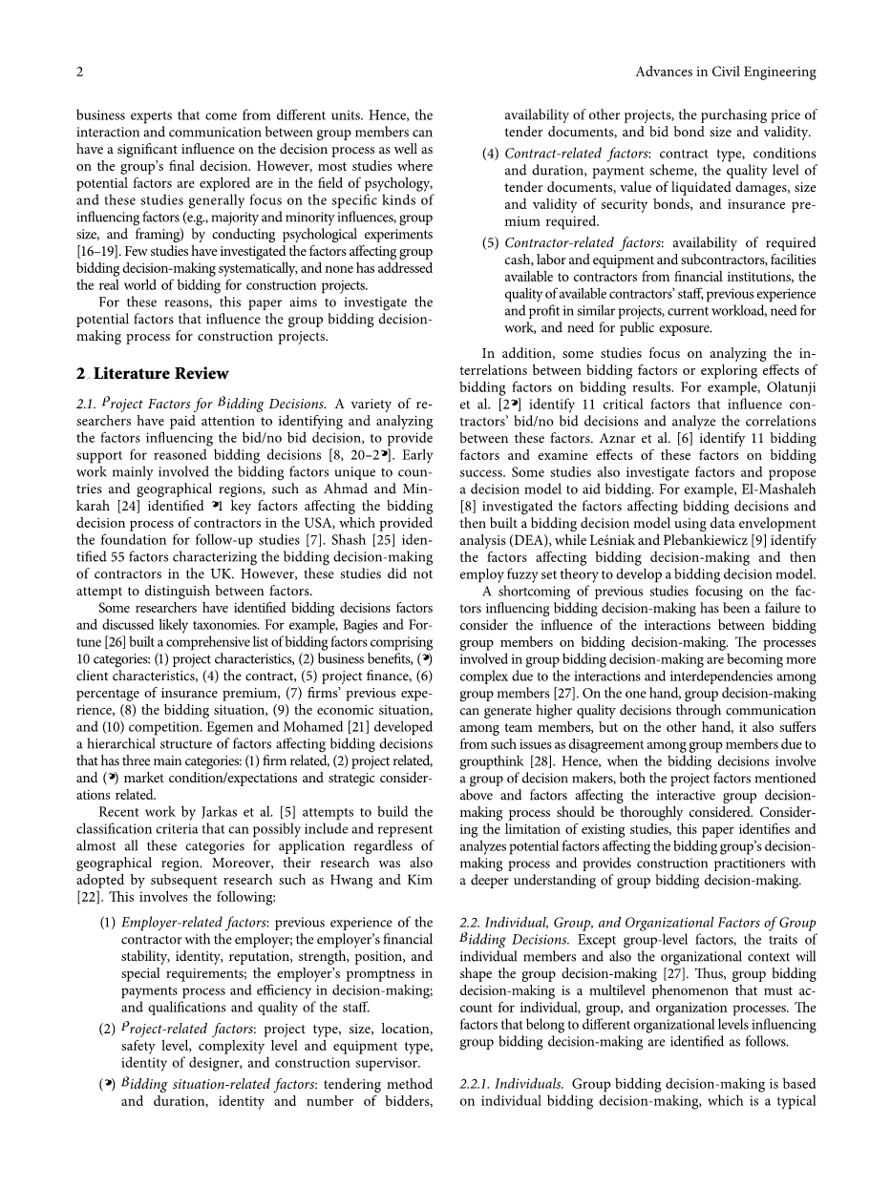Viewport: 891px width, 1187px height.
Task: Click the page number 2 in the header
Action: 80,72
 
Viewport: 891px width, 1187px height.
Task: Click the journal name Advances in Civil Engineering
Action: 725,72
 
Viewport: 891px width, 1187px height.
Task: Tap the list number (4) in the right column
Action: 490,154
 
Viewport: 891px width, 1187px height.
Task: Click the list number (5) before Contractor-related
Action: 490,243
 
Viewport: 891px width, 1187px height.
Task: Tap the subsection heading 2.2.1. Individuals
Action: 511,1084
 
